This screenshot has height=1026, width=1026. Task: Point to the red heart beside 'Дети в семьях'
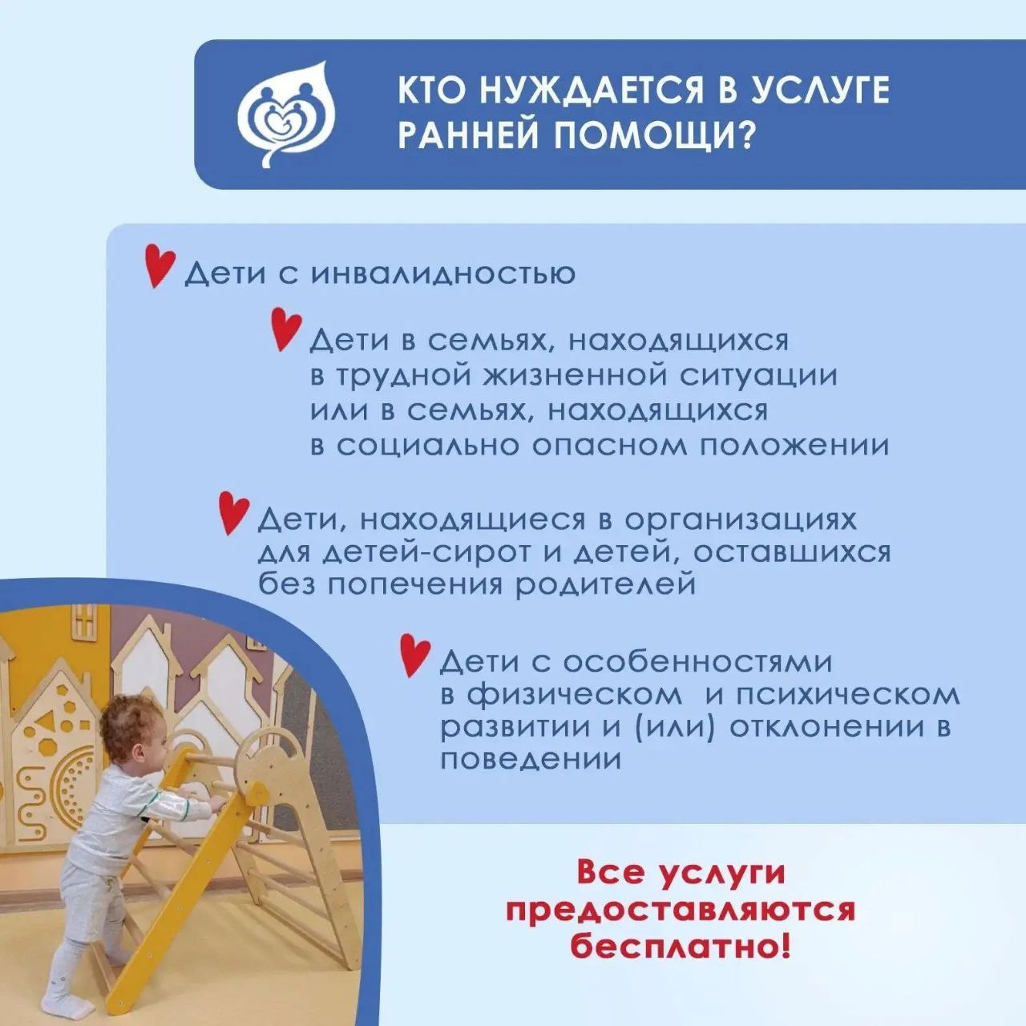286,330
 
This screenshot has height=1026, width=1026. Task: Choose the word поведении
531,760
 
